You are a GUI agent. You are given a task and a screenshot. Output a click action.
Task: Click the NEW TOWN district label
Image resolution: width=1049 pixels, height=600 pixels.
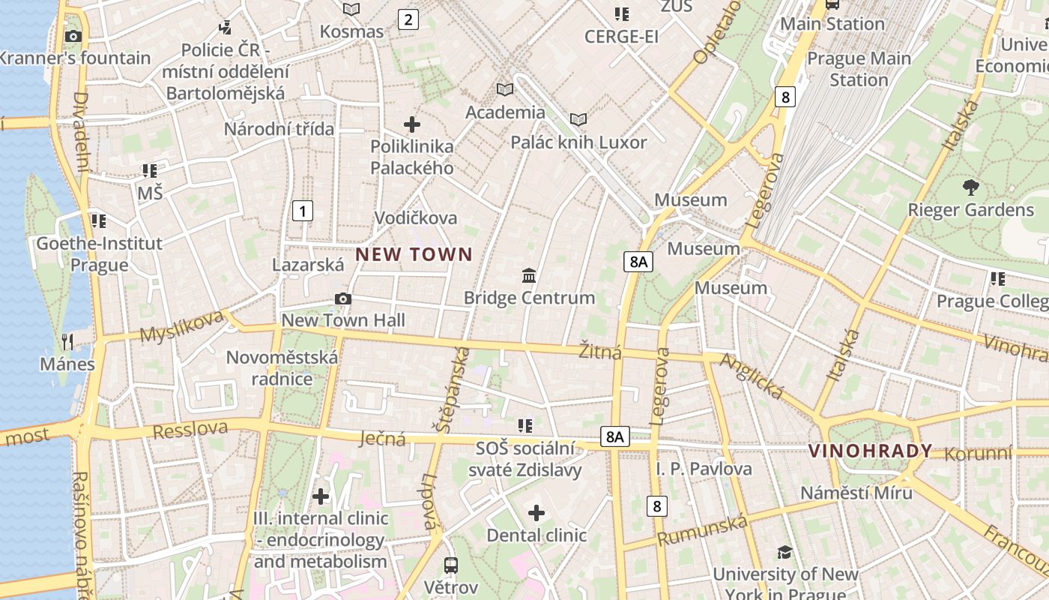pos(414,254)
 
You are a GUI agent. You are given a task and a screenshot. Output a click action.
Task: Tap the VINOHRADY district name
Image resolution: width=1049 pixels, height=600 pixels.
pos(871,451)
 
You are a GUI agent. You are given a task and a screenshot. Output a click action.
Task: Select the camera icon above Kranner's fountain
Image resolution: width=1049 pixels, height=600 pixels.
pos(73,36)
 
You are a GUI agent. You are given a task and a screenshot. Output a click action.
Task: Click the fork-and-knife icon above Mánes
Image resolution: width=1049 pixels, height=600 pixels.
pos(68,342)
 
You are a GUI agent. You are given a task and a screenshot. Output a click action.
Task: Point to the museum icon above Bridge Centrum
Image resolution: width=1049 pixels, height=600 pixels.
pos(529,275)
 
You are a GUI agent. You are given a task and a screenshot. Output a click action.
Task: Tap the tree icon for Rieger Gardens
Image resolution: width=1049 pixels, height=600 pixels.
pos(970,187)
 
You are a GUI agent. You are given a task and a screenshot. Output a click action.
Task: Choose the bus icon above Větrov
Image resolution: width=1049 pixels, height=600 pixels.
pos(451,565)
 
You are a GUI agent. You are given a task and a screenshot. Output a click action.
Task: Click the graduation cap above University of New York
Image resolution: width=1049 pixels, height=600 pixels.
pos(785,553)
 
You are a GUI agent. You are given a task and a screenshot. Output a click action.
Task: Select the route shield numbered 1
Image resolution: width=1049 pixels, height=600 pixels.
pos(302,211)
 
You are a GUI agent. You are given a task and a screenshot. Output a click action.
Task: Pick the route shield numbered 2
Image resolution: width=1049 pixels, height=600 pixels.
pos(408,19)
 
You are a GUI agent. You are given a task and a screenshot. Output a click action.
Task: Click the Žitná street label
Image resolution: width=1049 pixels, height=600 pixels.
pos(600,350)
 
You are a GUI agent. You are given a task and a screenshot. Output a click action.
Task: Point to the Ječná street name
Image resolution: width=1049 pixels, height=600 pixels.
pos(382,439)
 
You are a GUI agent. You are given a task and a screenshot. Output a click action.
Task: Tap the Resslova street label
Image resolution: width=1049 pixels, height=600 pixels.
pos(190,430)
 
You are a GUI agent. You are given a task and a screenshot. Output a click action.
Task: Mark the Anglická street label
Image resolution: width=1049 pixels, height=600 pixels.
pos(752,376)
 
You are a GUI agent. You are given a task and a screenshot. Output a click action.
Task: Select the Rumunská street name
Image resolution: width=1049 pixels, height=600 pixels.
pos(702,530)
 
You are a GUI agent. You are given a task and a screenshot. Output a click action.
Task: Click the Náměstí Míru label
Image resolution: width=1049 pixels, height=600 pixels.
pos(856,493)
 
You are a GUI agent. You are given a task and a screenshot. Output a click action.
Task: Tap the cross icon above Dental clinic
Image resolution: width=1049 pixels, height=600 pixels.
pos(536,513)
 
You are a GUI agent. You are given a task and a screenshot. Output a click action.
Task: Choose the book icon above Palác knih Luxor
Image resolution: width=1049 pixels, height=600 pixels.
pos(578,119)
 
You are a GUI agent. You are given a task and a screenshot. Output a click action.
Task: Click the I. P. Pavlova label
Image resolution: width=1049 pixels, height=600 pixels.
pos(704,469)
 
